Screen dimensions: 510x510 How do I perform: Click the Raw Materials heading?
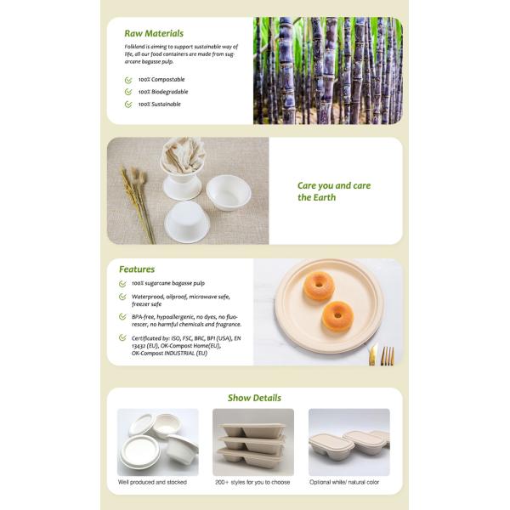tap(154, 33)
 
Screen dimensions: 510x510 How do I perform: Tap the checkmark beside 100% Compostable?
tap(128, 80)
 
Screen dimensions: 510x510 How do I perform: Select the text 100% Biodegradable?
tap(163, 92)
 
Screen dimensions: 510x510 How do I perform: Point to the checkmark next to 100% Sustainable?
tap(128, 104)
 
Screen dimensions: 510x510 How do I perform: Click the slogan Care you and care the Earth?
tap(334, 191)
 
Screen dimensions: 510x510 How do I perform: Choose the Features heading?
tap(137, 269)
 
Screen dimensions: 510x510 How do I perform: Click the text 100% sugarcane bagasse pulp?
tap(168, 283)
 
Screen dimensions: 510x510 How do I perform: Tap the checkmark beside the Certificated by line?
tap(122, 337)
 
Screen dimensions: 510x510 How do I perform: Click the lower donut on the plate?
tap(337, 316)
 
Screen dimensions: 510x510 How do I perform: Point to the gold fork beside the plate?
tap(388, 355)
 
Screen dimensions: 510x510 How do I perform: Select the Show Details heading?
tap(254, 398)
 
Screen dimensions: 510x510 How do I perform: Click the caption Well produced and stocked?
tap(152, 482)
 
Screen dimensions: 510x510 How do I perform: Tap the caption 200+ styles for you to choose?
tap(252, 482)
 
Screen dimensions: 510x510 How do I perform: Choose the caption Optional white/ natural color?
tap(344, 482)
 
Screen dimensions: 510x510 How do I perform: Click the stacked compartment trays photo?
tap(253, 442)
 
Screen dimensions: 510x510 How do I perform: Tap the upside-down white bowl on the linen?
tap(187, 222)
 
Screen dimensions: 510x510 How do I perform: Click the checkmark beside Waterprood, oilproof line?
tap(122, 297)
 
